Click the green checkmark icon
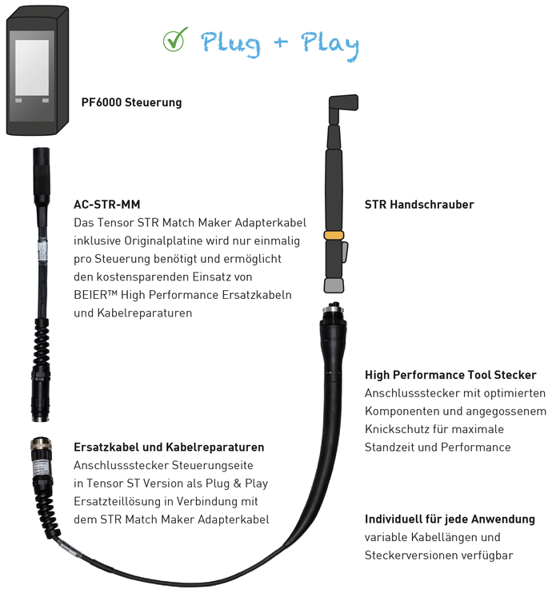(x=175, y=40)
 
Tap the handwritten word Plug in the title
(x=230, y=45)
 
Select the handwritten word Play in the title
(x=330, y=46)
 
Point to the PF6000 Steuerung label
(x=131, y=102)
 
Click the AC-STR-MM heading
(x=106, y=205)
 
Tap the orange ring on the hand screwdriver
(x=334, y=235)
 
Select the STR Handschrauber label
(x=419, y=205)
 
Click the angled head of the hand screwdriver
(x=342, y=104)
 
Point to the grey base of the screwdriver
(x=334, y=285)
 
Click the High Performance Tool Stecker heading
(x=450, y=375)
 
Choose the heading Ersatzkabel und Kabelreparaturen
(x=169, y=447)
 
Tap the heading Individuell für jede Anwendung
(x=450, y=519)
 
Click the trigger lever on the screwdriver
(x=345, y=253)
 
